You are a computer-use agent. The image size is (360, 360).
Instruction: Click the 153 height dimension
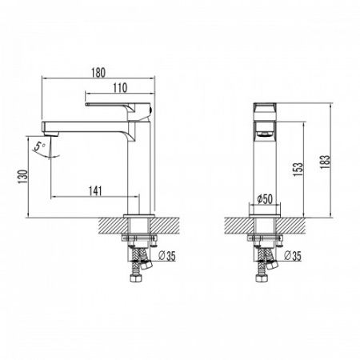pyautogui.click(x=298, y=170)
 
